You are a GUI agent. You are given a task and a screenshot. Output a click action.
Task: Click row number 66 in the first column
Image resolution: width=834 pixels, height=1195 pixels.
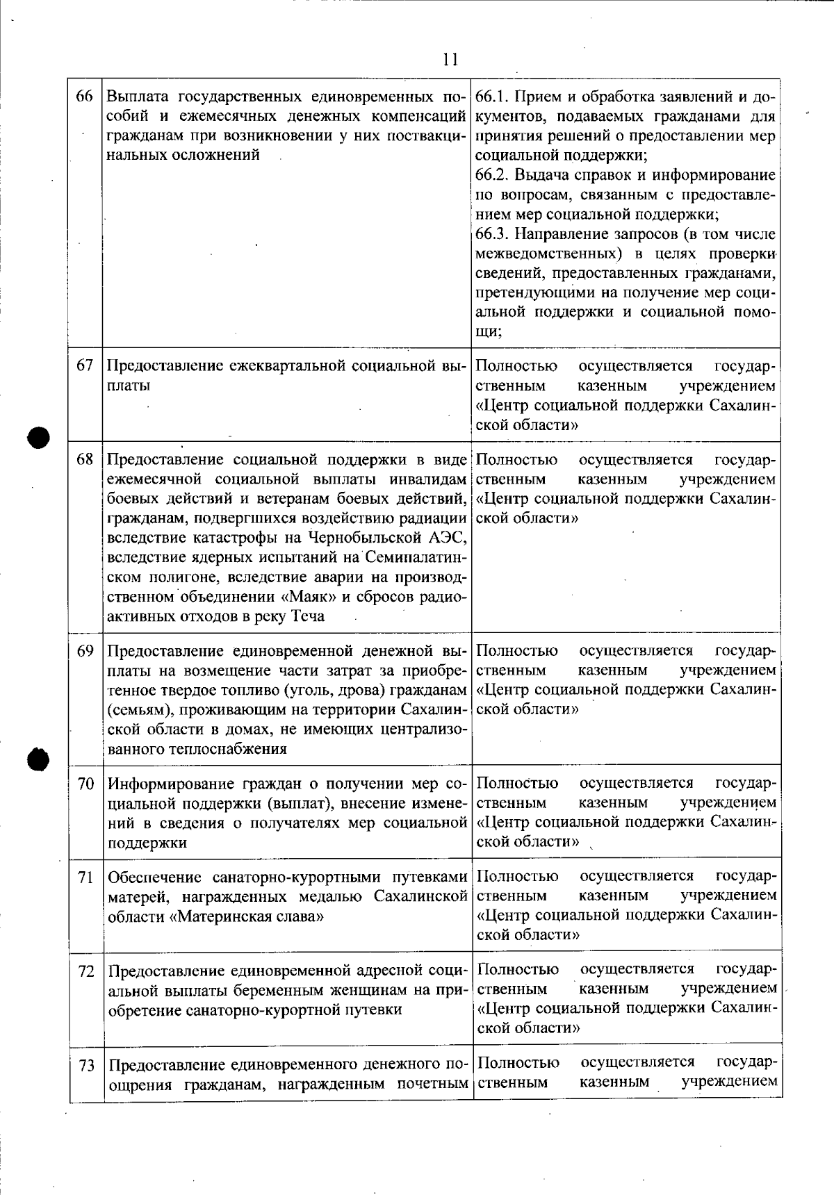coord(85,96)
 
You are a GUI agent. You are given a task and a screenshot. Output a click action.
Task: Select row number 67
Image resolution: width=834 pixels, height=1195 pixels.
coord(85,365)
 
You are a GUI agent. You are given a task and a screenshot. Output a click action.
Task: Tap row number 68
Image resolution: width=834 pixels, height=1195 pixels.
coord(85,459)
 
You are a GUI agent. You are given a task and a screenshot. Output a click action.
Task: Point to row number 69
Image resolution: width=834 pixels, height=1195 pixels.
coord(85,651)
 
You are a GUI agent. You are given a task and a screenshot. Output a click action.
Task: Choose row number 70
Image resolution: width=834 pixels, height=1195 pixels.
coord(85,784)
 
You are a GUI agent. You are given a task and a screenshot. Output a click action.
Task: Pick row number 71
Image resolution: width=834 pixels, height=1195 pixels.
coord(85,877)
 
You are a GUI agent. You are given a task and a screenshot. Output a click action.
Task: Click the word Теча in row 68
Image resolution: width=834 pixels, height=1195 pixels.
coord(306,616)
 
